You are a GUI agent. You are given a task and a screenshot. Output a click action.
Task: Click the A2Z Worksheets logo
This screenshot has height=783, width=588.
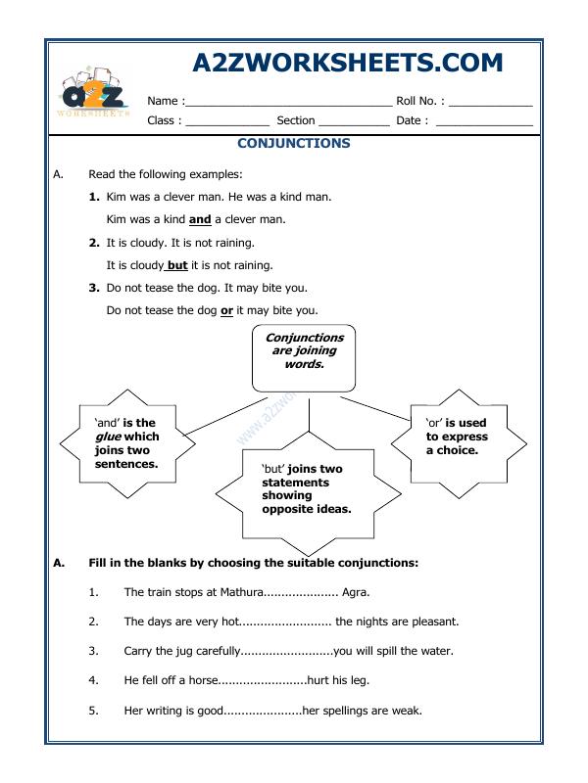coord(94,90)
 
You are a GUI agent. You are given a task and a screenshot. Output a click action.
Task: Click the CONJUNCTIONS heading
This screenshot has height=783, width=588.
coord(294,144)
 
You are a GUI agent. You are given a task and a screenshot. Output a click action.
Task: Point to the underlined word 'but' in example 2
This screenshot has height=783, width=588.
coord(177,265)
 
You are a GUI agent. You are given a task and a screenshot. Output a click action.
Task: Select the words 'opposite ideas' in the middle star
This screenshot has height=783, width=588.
coord(306,509)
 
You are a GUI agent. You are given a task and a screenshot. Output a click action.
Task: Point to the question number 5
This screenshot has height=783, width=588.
coord(93,711)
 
